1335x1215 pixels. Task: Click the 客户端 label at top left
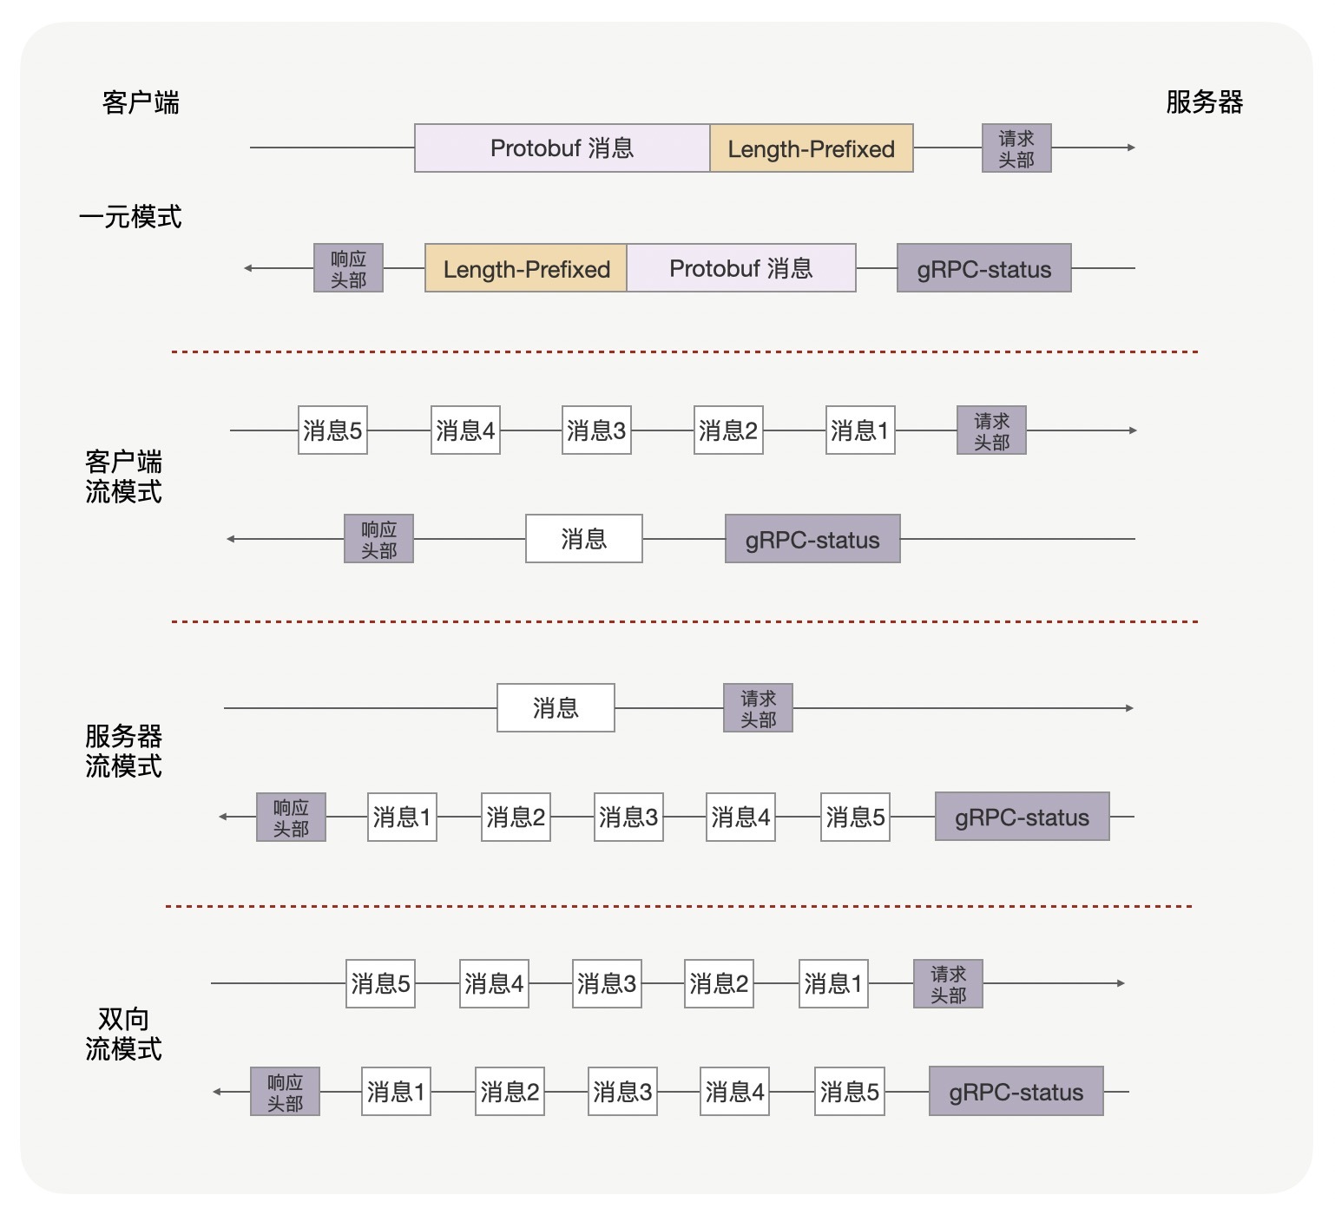click(141, 102)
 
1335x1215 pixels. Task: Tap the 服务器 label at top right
click(1204, 102)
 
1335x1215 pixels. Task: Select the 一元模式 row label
click(130, 216)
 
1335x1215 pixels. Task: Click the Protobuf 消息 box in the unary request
click(562, 148)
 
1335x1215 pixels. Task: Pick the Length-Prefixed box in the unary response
click(526, 269)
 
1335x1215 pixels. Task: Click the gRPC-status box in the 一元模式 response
click(983, 269)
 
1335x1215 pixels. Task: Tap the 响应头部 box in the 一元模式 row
click(348, 269)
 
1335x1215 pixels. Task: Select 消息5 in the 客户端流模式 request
click(332, 430)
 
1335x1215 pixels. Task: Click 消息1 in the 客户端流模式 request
click(860, 430)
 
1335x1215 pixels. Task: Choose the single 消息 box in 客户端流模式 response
click(583, 539)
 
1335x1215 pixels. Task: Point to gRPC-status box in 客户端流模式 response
click(812, 539)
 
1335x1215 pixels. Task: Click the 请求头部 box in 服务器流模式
click(758, 708)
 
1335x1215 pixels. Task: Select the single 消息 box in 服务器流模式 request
click(556, 708)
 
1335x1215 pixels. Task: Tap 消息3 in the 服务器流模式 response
click(628, 818)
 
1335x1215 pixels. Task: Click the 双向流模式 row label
click(123, 1034)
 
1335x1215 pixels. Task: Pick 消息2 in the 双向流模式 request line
click(719, 984)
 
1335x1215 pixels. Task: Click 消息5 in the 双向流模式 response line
click(850, 1092)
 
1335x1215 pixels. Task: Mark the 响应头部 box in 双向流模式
click(285, 1092)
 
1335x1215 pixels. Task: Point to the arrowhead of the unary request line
click(1131, 148)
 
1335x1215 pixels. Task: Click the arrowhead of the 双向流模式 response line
click(218, 1092)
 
